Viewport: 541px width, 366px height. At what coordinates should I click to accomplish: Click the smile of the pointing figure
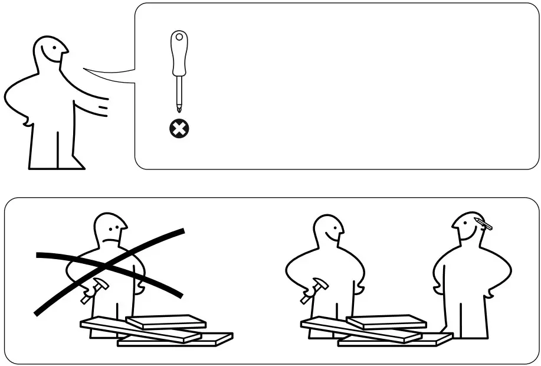(57, 58)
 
